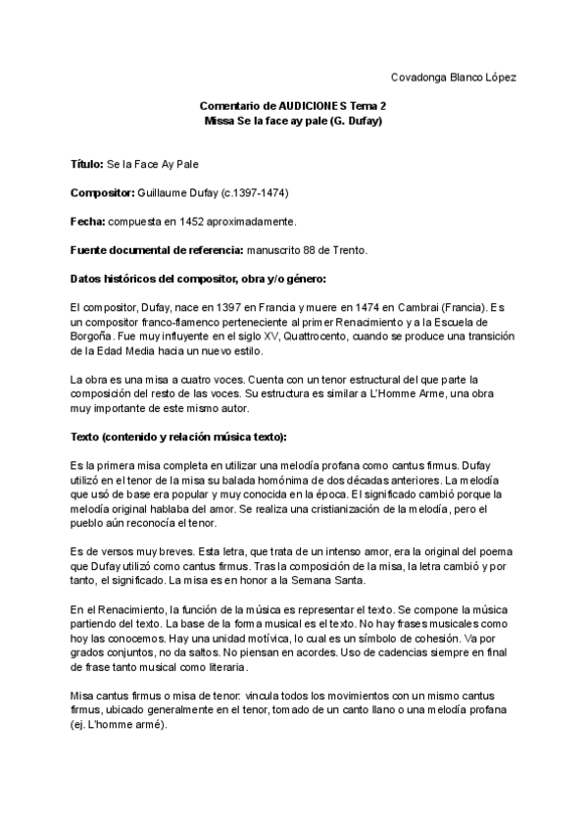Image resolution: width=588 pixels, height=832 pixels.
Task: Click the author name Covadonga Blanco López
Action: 453,77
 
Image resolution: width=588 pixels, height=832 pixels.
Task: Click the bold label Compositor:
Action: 104,192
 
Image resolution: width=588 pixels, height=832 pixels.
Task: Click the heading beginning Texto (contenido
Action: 158,435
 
